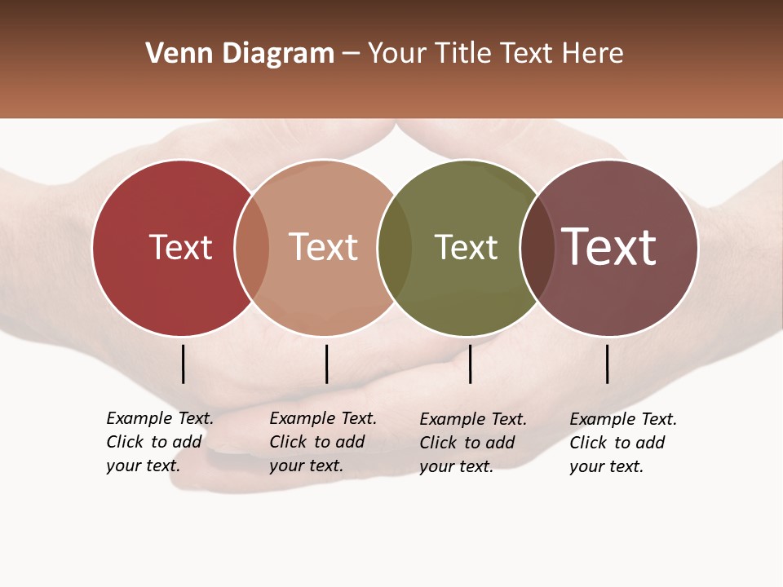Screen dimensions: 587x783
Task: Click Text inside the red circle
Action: [180, 247]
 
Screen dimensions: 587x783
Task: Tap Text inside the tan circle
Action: [324, 247]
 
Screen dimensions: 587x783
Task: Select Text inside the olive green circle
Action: [466, 247]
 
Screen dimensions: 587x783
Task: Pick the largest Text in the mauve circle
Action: [608, 247]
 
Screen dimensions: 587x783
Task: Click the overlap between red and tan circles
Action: [252, 247]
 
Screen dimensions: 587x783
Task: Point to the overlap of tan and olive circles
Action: [395, 247]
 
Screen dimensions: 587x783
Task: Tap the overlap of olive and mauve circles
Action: [537, 247]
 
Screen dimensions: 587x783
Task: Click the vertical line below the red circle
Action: [184, 364]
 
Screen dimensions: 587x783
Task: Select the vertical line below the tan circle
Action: [326, 364]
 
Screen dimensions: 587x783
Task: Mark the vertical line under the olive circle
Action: [470, 364]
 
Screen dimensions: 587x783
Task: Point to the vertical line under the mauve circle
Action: [607, 364]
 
